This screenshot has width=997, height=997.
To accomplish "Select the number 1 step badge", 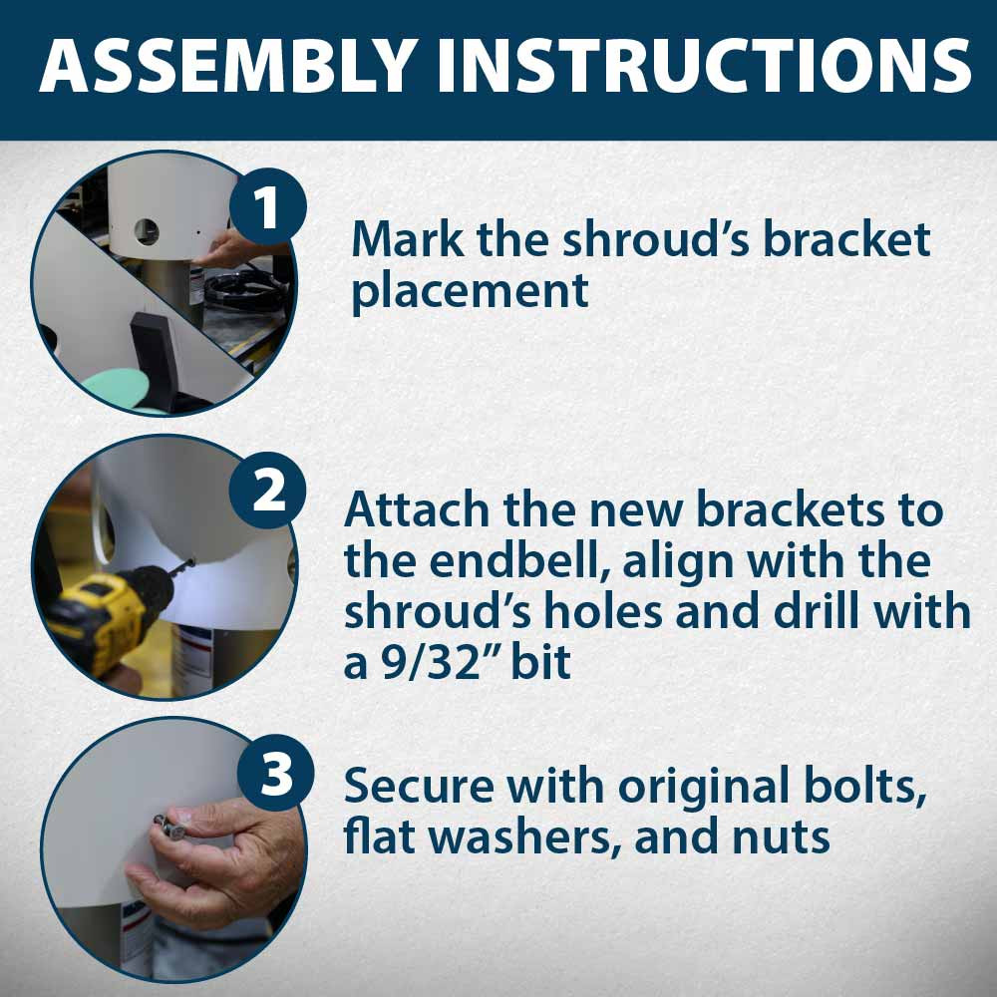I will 265,210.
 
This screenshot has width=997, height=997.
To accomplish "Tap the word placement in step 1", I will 470,291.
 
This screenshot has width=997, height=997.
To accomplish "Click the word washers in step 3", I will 530,836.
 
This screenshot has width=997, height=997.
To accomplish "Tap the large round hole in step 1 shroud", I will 147,231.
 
